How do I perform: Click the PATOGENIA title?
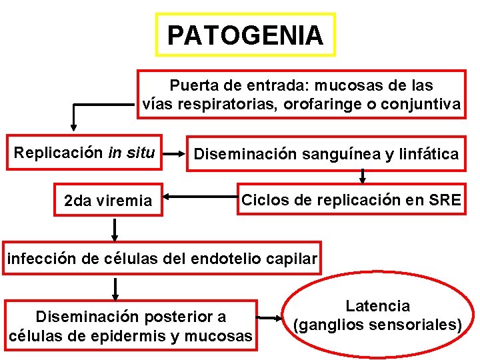click(x=245, y=35)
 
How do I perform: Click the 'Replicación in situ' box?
click(x=85, y=153)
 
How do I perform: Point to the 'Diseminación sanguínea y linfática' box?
click(x=326, y=155)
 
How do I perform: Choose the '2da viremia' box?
click(x=108, y=200)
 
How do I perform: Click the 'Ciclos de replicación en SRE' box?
click(x=351, y=199)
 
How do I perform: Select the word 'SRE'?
click(x=444, y=199)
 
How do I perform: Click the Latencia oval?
click(x=377, y=316)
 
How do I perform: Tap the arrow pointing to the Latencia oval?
click(x=272, y=319)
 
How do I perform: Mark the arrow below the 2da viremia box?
click(x=115, y=229)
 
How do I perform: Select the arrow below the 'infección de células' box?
click(x=115, y=289)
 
